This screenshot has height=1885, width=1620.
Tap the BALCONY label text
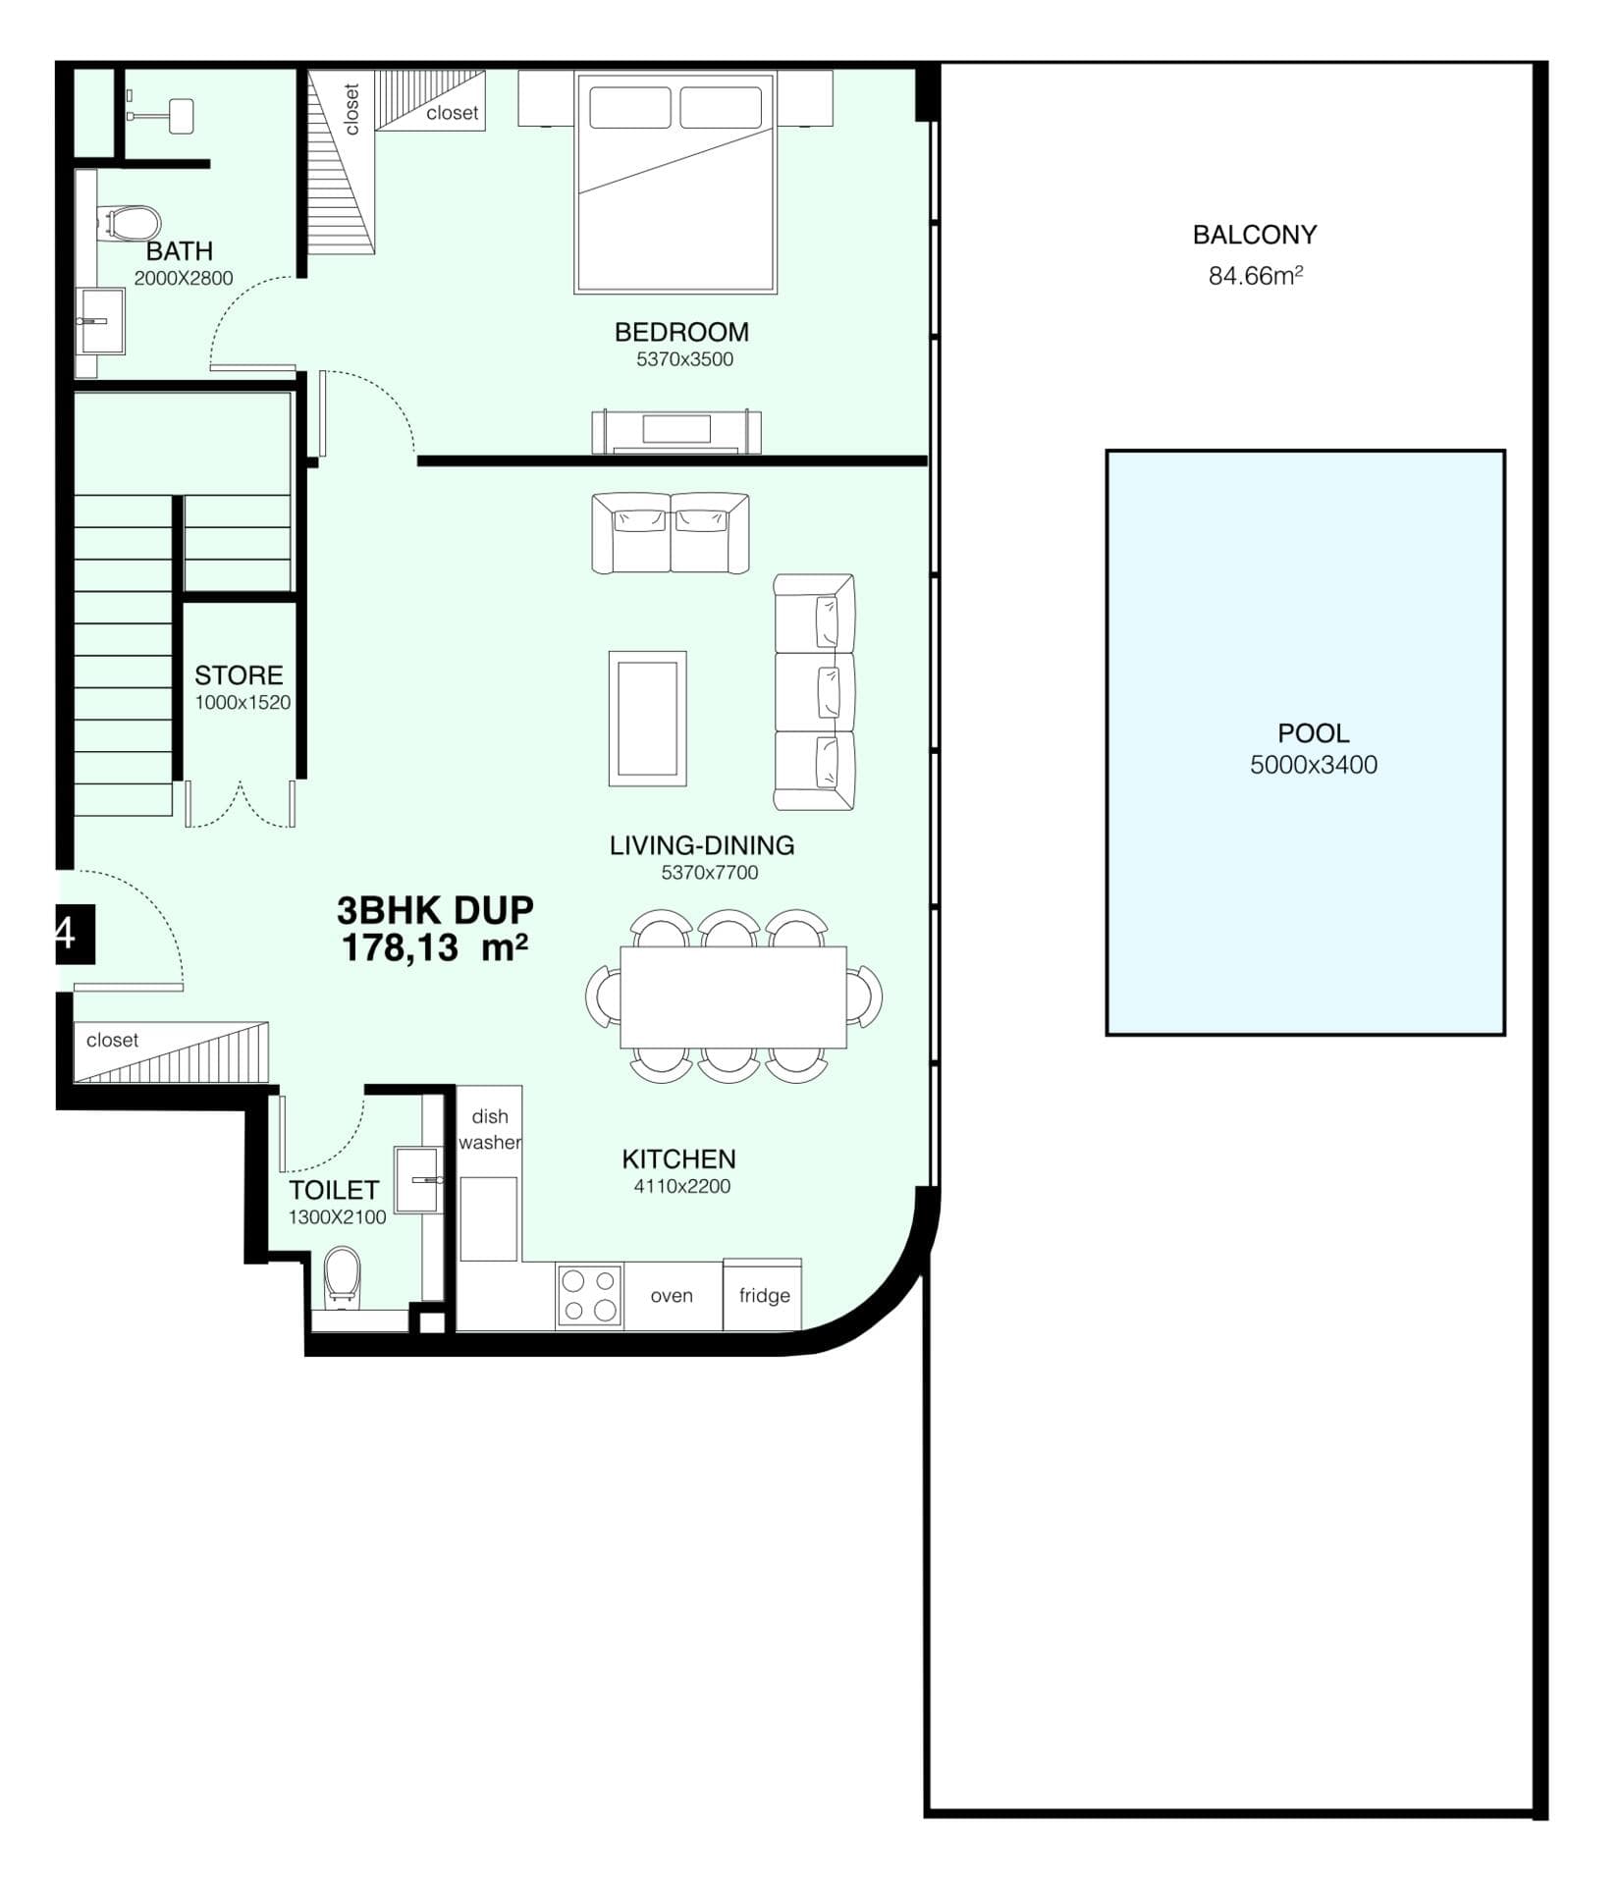click(x=1254, y=236)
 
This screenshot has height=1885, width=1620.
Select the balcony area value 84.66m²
click(x=1255, y=276)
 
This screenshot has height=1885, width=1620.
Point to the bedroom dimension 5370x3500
click(x=684, y=359)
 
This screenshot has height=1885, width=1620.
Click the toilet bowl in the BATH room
click(x=133, y=222)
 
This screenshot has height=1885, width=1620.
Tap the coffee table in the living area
click(x=647, y=719)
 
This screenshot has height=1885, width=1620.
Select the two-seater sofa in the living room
click(x=670, y=533)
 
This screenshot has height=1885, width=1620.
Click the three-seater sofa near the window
click(x=814, y=692)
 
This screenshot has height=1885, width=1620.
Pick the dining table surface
click(x=732, y=996)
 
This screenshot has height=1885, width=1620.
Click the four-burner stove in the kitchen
click(x=589, y=1295)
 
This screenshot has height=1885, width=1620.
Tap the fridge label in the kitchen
click(x=764, y=1295)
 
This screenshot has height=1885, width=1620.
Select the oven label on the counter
click(x=672, y=1296)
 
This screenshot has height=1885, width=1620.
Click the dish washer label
click(x=489, y=1129)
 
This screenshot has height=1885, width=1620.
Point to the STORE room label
click(x=239, y=675)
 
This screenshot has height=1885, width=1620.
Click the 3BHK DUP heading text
click(x=435, y=910)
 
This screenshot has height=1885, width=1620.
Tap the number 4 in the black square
click(x=66, y=933)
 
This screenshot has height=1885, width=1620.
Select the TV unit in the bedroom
click(x=675, y=432)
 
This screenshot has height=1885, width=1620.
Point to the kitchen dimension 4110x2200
click(x=681, y=1186)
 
